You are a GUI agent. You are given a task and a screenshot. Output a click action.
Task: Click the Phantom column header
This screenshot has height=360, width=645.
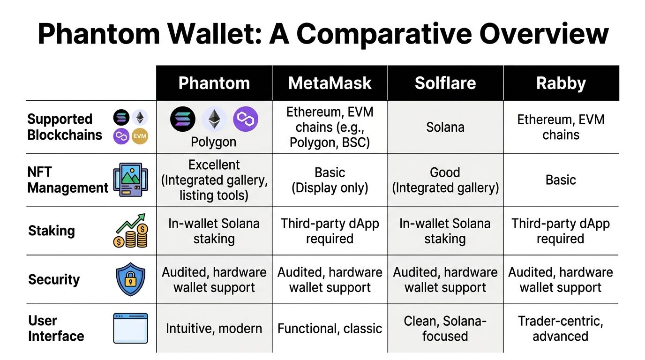tap(214, 83)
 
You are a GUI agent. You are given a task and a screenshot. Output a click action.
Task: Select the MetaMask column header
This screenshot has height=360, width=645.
tap(330, 83)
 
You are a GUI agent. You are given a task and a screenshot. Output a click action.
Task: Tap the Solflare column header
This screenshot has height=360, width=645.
tap(445, 83)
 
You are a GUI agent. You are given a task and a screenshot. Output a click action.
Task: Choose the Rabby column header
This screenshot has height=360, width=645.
tap(561, 83)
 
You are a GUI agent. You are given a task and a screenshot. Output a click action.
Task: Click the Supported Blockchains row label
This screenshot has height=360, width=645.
tap(65, 127)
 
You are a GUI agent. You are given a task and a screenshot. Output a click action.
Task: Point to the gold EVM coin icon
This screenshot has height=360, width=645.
tap(140, 136)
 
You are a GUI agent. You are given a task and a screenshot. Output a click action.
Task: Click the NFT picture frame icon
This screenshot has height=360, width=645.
tap(130, 180)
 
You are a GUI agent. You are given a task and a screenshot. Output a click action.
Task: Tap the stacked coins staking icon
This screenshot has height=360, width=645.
tap(130, 231)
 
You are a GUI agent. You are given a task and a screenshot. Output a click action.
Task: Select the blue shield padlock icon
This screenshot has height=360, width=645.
tap(130, 279)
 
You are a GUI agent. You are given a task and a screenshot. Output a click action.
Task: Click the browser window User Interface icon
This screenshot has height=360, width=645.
tap(130, 328)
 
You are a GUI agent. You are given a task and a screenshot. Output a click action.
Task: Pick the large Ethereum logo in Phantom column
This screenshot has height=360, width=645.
tap(214, 119)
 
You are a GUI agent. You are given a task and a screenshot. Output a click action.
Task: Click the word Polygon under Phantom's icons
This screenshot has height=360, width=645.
tap(213, 142)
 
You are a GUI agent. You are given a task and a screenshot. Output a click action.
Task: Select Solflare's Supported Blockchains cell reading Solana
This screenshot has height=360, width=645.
tap(445, 127)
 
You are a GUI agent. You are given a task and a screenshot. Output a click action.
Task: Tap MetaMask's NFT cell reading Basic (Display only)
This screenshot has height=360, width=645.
tap(330, 180)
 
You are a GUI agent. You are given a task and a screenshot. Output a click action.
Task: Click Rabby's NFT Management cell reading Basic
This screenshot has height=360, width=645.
tap(561, 180)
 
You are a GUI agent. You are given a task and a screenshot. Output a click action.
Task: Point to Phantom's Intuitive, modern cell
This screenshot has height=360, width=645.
tap(214, 329)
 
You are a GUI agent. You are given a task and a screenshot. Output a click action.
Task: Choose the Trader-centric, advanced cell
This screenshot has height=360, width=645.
tap(561, 329)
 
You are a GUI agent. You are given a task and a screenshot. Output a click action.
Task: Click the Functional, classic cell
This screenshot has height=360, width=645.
tap(330, 329)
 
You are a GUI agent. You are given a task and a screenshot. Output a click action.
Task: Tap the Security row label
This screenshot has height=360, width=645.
tap(54, 279)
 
